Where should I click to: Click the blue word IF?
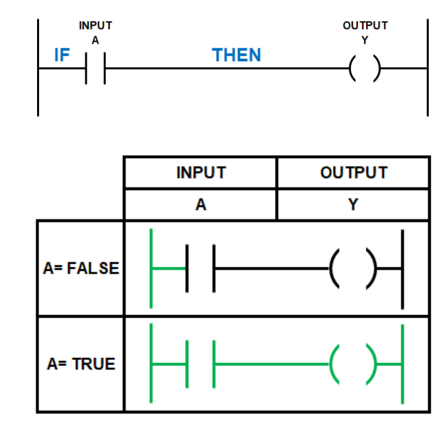click(62, 55)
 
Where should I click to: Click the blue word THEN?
click(237, 55)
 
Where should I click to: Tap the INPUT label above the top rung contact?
click(95, 26)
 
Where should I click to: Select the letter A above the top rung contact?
click(95, 40)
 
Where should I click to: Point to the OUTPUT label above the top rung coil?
click(365, 26)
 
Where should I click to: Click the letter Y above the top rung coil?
click(365, 40)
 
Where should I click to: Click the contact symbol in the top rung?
click(86, 68)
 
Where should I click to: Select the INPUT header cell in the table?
click(201, 172)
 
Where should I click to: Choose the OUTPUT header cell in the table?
click(354, 172)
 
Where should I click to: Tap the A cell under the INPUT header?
click(201, 205)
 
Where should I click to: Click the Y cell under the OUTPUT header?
click(354, 205)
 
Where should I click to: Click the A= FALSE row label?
click(81, 268)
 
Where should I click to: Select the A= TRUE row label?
click(81, 364)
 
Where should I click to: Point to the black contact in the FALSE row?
click(187, 268)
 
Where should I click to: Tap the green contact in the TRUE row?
click(187, 364)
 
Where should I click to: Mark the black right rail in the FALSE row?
click(402, 269)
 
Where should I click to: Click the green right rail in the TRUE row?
click(402, 364)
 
